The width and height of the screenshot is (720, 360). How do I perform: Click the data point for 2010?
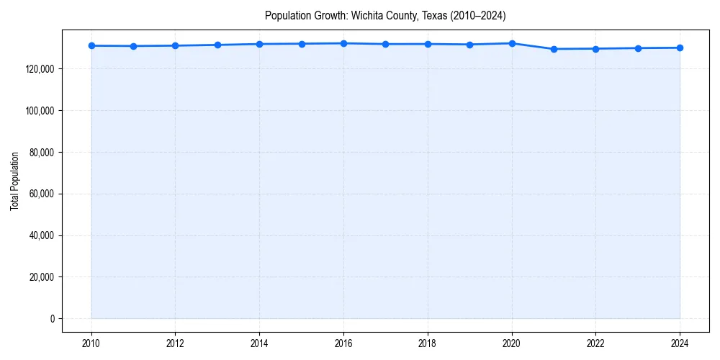click(91, 46)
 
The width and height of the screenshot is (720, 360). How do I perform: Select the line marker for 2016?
click(343, 43)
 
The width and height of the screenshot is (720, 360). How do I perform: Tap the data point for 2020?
click(512, 43)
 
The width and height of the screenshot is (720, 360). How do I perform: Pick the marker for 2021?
click(554, 49)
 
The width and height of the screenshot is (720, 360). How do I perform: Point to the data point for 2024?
click(680, 48)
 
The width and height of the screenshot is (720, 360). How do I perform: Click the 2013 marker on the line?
click(217, 45)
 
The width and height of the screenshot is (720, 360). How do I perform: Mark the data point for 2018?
click(428, 44)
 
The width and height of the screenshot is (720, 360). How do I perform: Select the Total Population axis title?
click(14, 181)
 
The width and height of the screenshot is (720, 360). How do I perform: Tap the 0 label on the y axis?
click(52, 319)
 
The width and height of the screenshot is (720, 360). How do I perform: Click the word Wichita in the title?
click(366, 15)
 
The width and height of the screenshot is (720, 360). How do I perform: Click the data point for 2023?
click(638, 48)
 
